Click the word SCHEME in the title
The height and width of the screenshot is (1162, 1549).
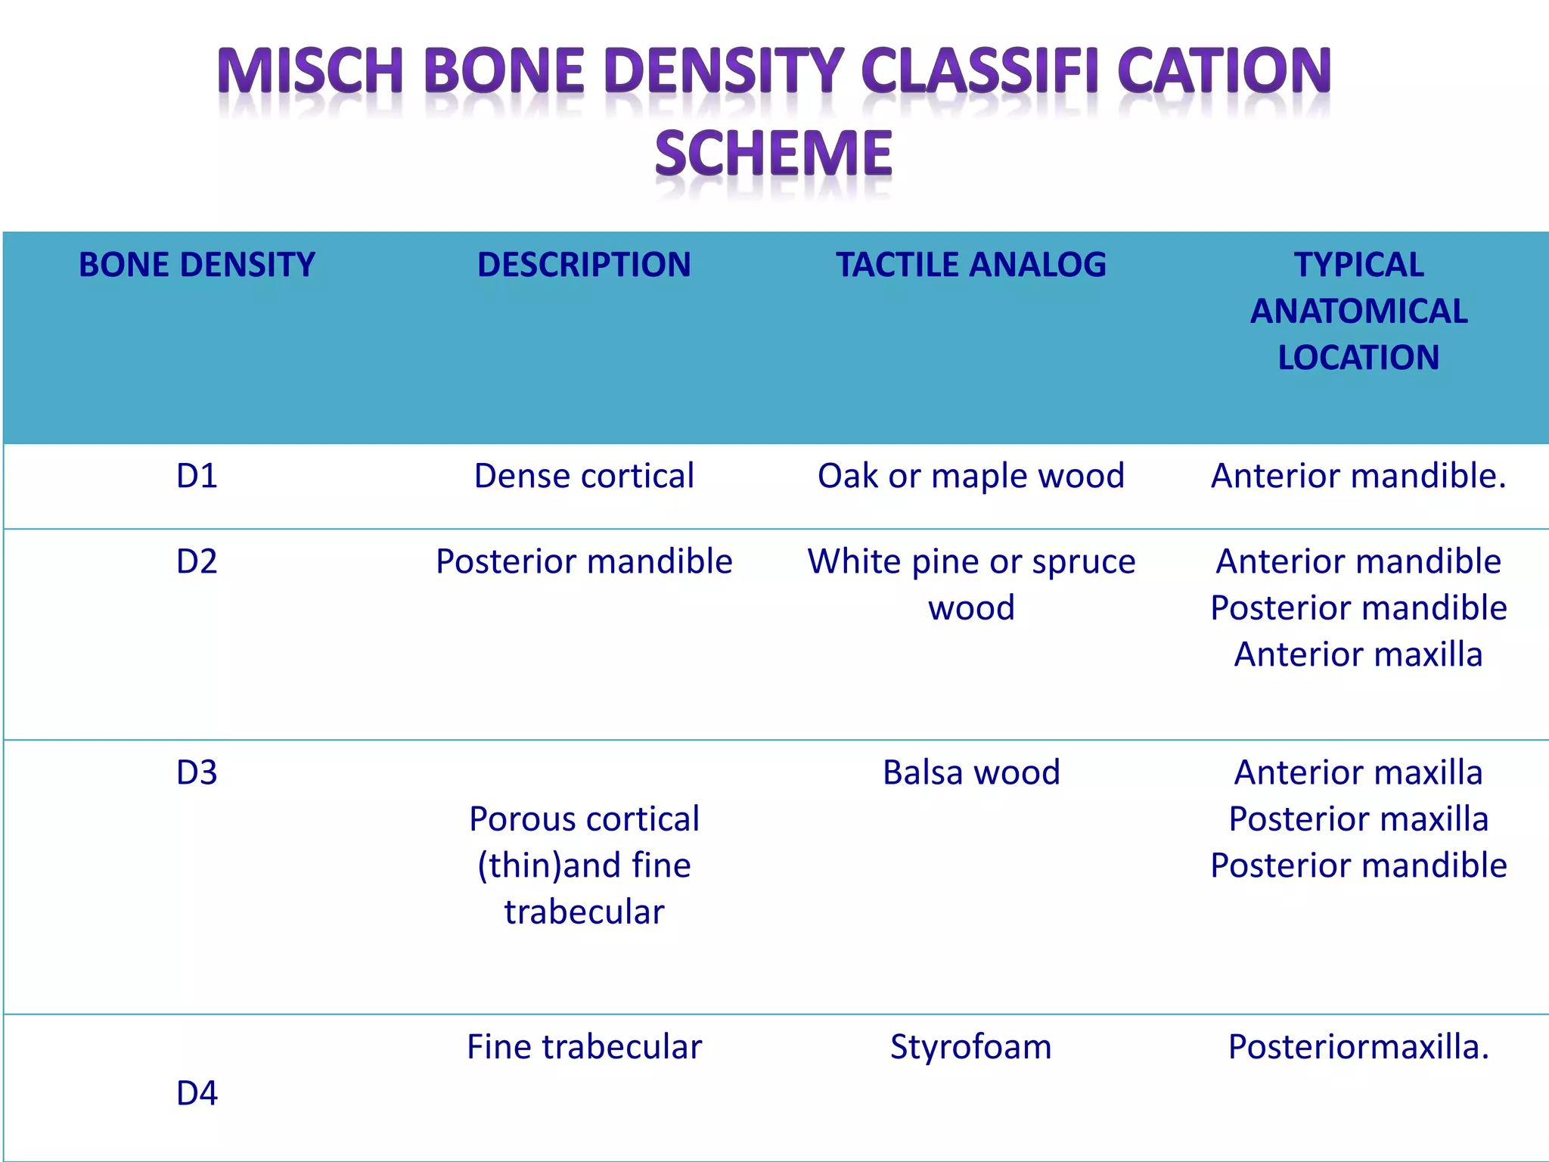774,154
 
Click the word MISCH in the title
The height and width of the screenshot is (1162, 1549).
309,71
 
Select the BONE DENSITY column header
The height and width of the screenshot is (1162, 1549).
197,265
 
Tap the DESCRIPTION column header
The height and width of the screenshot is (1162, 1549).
584,265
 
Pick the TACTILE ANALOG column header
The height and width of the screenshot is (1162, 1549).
971,265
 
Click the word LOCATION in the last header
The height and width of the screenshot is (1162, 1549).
1358,358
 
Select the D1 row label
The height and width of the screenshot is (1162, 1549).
197,476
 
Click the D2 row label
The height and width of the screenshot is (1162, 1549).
197,561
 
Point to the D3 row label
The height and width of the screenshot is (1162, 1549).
197,772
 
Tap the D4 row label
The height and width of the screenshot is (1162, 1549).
197,1093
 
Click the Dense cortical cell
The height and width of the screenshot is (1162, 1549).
584,476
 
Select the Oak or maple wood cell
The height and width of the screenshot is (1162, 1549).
971,476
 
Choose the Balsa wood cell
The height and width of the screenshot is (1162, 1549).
971,772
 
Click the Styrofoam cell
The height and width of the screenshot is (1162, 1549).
971,1047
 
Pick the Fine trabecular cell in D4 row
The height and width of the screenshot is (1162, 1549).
584,1047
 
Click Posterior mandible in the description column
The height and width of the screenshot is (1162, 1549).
584,561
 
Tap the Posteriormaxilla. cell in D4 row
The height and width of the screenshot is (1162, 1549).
1358,1047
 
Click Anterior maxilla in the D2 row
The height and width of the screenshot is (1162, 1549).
1358,654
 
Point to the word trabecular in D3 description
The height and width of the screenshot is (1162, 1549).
584,912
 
